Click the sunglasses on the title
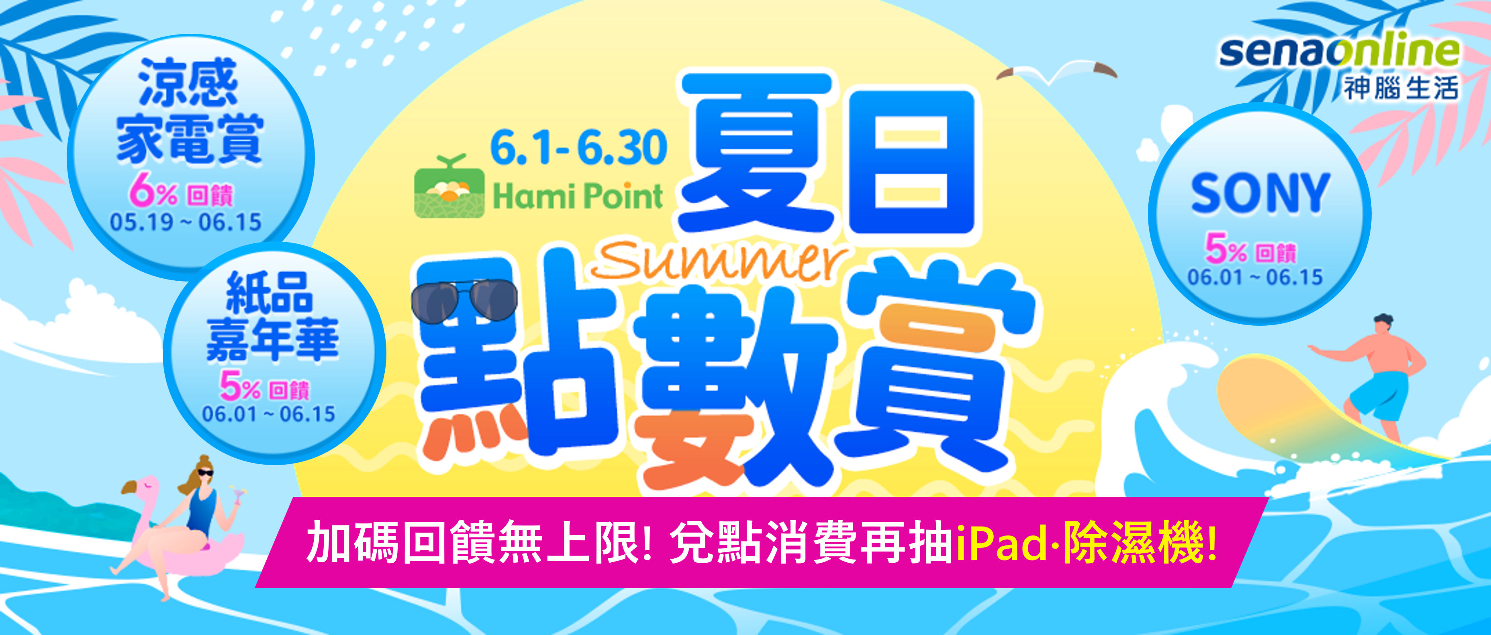(464, 300)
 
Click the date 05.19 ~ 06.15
(185, 222)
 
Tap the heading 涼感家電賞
(190, 111)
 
